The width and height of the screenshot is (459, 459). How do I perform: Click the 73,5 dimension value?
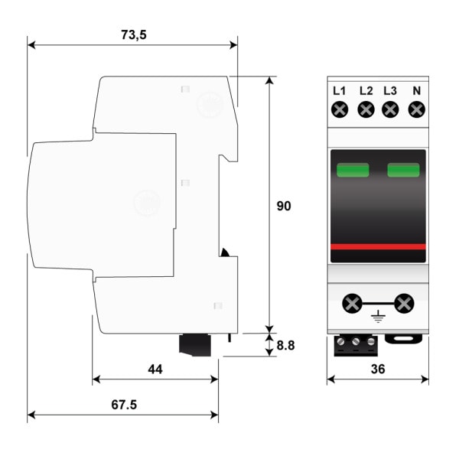[133, 35]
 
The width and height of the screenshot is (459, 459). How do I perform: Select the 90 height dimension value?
[284, 206]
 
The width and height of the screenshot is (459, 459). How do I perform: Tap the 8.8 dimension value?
[285, 346]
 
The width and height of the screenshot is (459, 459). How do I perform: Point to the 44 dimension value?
[155, 369]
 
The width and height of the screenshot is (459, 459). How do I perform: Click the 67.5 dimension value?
[124, 405]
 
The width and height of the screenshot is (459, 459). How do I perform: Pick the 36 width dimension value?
[378, 369]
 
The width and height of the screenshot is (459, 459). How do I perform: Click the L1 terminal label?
[339, 91]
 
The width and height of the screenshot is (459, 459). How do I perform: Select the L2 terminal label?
[366, 91]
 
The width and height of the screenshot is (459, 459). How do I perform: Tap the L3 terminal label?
[390, 91]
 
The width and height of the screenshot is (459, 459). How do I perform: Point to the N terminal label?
[417, 91]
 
